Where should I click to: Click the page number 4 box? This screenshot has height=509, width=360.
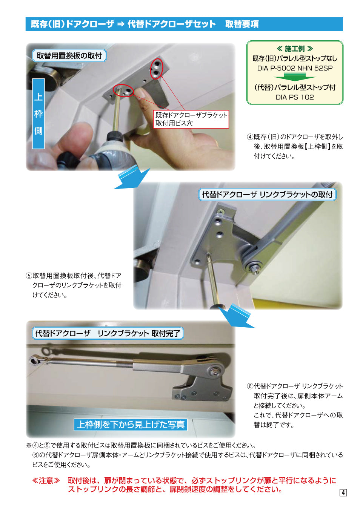[343, 492]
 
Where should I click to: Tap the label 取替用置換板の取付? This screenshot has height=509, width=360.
[69, 56]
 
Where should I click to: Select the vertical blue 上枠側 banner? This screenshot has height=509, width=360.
[38, 113]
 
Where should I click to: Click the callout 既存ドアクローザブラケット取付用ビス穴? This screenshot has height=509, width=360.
[191, 119]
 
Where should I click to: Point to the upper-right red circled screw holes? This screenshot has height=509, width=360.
[156, 69]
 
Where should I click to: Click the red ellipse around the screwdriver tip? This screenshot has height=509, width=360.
[123, 90]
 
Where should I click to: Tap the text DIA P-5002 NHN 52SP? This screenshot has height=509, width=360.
[295, 68]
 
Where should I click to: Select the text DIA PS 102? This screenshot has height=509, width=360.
[295, 97]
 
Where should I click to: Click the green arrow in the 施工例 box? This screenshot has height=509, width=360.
[295, 77]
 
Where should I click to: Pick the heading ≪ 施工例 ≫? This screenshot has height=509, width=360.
[295, 49]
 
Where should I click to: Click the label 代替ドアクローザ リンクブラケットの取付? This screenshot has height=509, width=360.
[267, 195]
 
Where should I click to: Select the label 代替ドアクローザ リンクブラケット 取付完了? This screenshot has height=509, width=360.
[108, 333]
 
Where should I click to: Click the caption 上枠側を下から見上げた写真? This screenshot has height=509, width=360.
[131, 425]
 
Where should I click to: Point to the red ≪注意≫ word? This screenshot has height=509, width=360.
[46, 481]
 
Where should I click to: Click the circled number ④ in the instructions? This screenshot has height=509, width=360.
[250, 137]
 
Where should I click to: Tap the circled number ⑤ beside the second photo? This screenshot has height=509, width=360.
[29, 276]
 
